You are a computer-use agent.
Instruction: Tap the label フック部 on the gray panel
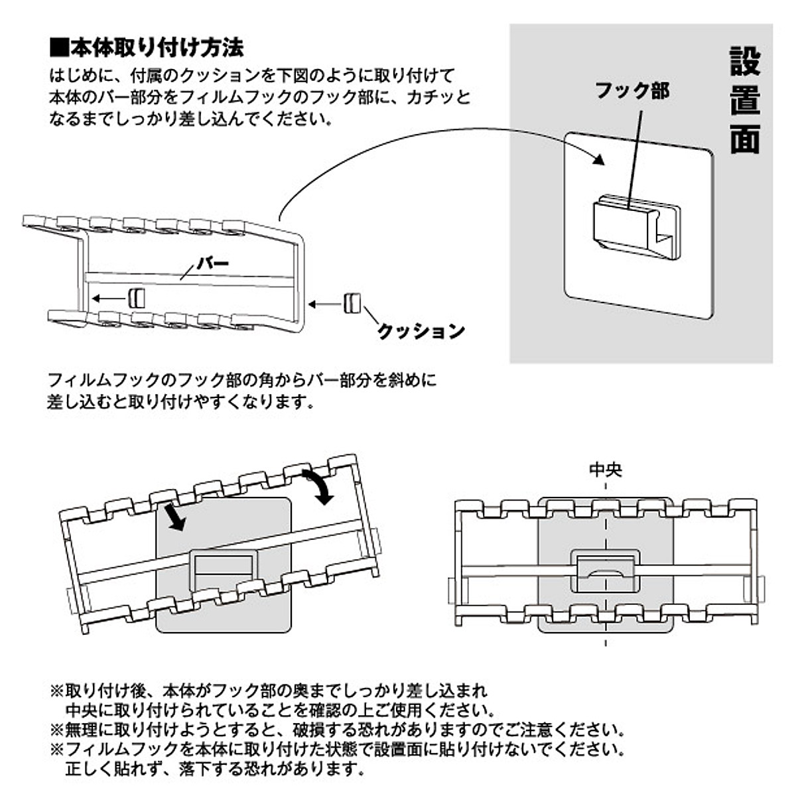click(631, 90)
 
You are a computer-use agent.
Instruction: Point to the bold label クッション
click(421, 330)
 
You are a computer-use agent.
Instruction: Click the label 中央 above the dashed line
click(606, 470)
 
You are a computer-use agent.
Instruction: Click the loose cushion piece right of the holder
click(351, 302)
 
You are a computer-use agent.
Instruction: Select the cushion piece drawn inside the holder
click(136, 297)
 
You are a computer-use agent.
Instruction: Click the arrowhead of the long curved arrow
click(596, 159)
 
